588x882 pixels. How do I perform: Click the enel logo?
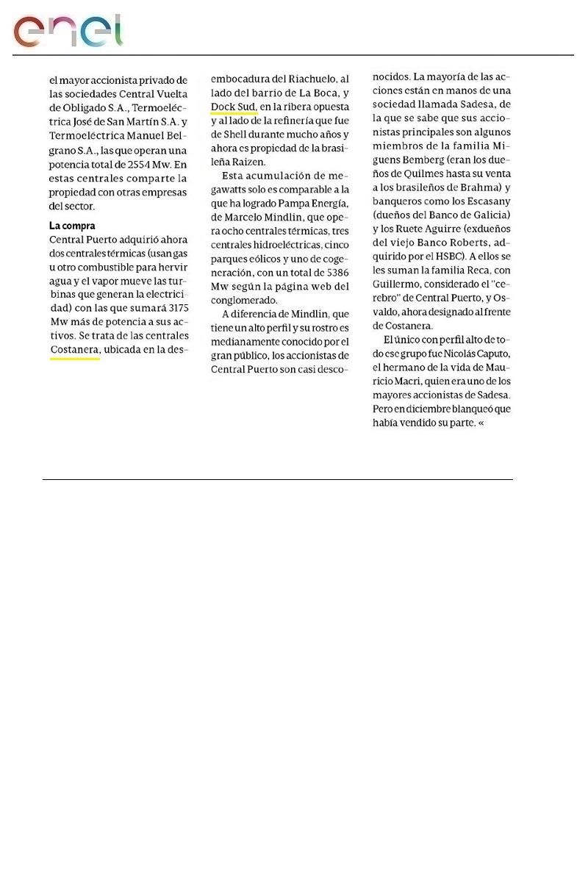[x=68, y=30]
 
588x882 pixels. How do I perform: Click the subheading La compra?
[x=72, y=226]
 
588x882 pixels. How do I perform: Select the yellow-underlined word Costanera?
[x=74, y=350]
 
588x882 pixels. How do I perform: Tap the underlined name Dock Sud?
[x=233, y=107]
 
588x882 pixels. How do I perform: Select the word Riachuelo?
[x=304, y=79]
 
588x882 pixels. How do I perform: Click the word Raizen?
[x=248, y=162]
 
